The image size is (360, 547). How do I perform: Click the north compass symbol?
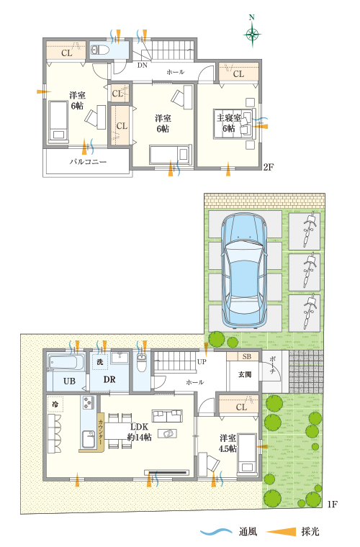(252, 33)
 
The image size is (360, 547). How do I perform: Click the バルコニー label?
(89, 163)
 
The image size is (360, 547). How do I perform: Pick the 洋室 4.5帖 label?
(228, 442)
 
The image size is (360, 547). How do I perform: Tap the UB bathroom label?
(69, 380)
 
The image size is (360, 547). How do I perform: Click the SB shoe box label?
(246, 357)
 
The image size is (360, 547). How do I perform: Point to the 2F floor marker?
(268, 167)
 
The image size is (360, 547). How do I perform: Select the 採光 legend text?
(310, 532)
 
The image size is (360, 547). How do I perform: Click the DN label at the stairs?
(143, 64)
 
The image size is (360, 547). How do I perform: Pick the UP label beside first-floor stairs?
(202, 361)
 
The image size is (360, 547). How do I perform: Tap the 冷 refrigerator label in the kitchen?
(55, 404)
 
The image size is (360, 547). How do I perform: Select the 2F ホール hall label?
(175, 73)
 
